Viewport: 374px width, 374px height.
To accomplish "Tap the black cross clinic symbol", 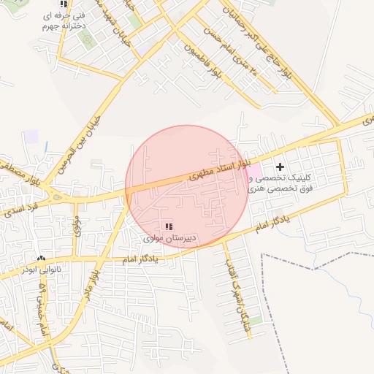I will [x=280, y=167].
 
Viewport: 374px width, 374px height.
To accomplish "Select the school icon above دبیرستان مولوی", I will [x=169, y=227].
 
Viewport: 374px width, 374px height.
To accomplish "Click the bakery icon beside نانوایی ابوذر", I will [x=41, y=259].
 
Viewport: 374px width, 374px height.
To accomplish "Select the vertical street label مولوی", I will [x=77, y=224].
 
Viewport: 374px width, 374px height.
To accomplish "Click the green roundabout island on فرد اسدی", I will [x=57, y=196].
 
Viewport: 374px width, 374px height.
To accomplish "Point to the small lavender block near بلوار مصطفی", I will [x=31, y=137].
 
